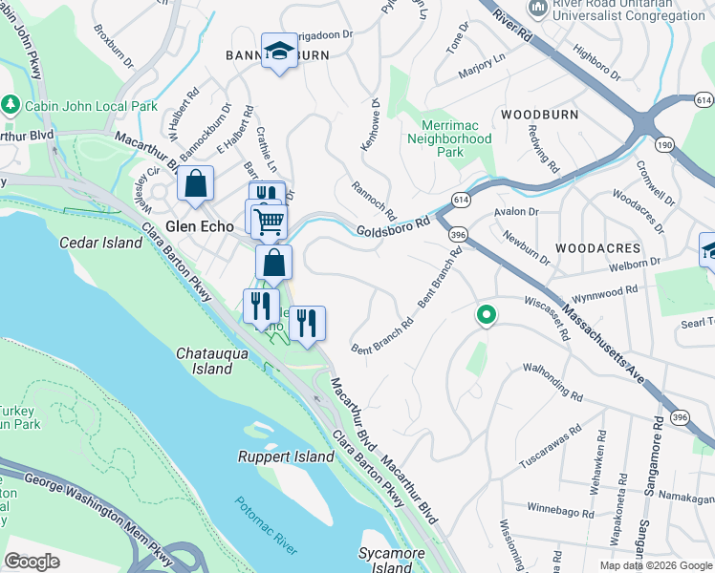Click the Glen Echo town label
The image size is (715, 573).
pos(202,227)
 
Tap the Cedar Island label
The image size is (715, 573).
pos(101,243)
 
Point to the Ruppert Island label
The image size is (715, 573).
pos(286,456)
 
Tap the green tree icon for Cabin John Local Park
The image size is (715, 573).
pos(11,102)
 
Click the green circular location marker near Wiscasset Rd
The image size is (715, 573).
pos(486,313)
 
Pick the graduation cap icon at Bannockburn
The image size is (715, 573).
pos(280,53)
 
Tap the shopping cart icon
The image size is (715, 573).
pos(271,221)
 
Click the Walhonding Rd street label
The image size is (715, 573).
pos(552,380)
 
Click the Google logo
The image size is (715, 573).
pos(32,562)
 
